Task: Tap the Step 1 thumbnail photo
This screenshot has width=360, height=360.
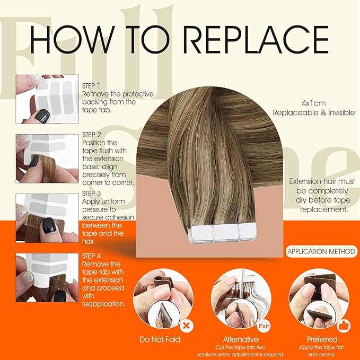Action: pyautogui.click(x=47, y=99)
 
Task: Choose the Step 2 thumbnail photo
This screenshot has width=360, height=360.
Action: pyautogui.click(x=47, y=157)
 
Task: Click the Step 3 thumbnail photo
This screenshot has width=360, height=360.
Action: pyautogui.click(x=47, y=217)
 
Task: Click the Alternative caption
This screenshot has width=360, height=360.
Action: pyautogui.click(x=241, y=339)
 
